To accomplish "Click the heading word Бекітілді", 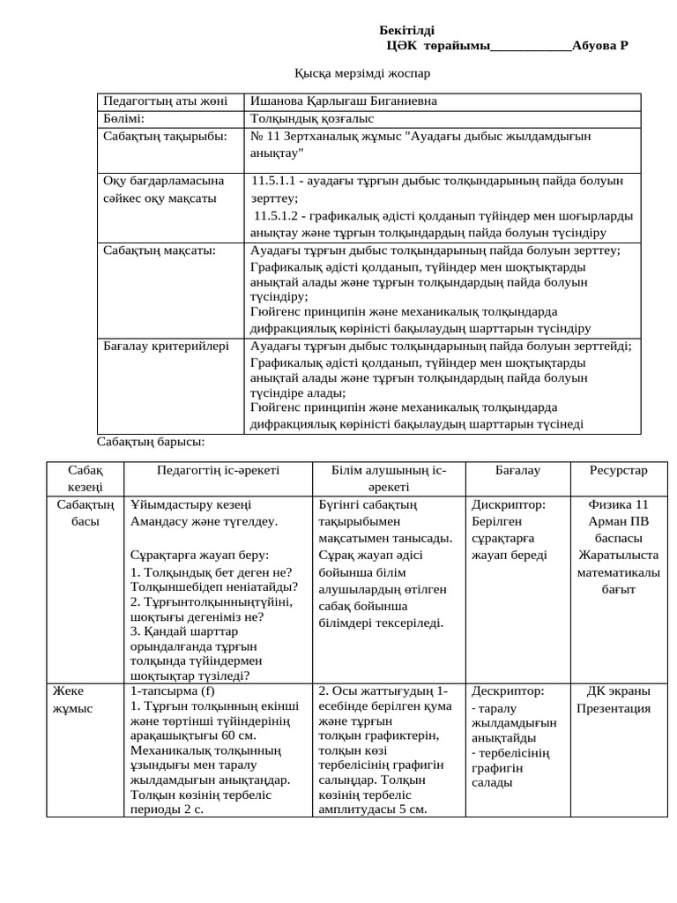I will tap(406, 31).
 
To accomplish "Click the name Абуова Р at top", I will tap(599, 46).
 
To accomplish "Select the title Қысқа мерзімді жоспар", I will tap(361, 73).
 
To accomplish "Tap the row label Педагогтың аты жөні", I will tap(165, 101).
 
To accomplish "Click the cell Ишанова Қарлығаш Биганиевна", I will tap(343, 101).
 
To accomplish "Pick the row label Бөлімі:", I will tap(123, 118).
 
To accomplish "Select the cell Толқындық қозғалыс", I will tap(312, 118).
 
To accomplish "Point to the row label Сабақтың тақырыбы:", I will tap(165, 137).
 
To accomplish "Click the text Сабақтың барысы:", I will tap(150, 441).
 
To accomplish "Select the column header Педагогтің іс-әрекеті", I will tap(218, 471).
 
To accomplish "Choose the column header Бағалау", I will tap(517, 471).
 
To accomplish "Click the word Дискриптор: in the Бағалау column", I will tap(508, 505).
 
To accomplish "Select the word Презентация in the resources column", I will tap(614, 708).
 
